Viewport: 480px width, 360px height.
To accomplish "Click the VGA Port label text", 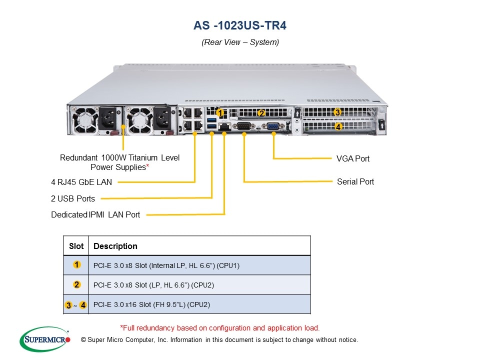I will [x=353, y=158].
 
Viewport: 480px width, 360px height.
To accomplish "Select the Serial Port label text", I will [x=355, y=181].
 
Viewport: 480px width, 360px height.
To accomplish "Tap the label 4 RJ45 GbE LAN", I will [x=81, y=182].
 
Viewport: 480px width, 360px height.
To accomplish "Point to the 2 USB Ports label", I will [x=73, y=198].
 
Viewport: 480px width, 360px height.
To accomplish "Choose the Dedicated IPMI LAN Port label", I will [x=95, y=214].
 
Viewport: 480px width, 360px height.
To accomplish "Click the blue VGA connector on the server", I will [x=273, y=126].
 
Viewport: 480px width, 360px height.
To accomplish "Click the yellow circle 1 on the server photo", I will [x=220, y=113].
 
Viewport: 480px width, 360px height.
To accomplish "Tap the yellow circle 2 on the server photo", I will [x=261, y=113].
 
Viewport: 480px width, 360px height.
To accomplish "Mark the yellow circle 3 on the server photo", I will [x=338, y=112].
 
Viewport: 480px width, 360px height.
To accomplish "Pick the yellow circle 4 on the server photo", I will [x=338, y=127].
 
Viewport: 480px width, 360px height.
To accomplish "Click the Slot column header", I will [x=76, y=246].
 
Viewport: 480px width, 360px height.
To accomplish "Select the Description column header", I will [x=115, y=246].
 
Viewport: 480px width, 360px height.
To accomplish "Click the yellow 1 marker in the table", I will [x=76, y=265].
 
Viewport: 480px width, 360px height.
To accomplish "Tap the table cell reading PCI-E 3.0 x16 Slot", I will [x=151, y=304].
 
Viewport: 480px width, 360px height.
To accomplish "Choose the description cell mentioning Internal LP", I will [x=166, y=265].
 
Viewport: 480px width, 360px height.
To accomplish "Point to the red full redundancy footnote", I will [x=220, y=328].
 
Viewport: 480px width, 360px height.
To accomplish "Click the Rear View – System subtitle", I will [x=240, y=42].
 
